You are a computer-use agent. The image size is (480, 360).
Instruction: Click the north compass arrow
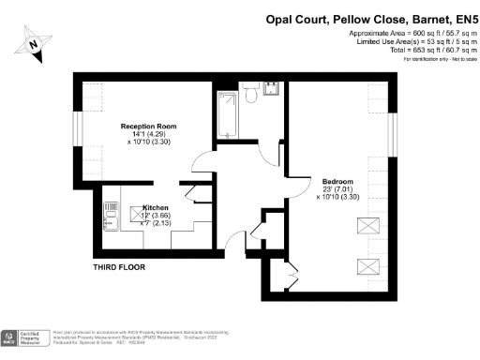[34, 43]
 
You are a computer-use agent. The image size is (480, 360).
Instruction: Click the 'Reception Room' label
[148, 126]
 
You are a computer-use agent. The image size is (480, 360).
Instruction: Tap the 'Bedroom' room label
[337, 180]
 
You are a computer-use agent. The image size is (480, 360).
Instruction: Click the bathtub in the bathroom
[227, 114]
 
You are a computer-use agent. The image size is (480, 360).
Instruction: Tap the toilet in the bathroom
[249, 92]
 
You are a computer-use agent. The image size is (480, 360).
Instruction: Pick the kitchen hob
[110, 207]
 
